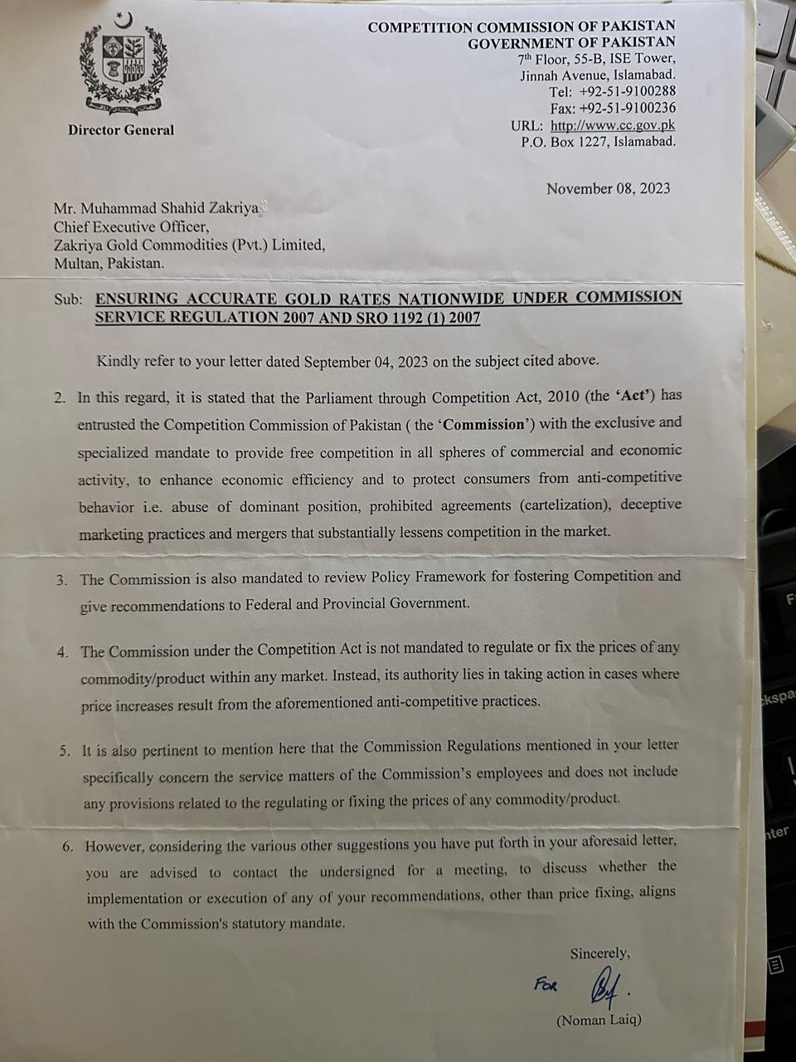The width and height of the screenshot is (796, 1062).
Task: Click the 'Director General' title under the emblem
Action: (121, 130)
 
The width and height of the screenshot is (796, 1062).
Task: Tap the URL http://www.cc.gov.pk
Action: (613, 125)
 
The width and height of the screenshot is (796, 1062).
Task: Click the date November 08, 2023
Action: (608, 189)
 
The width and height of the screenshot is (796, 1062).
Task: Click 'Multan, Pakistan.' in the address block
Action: (109, 264)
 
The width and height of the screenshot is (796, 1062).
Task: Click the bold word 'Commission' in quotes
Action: (483, 424)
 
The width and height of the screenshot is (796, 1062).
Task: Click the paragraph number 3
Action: (62, 580)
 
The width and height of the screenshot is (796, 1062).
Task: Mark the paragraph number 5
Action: (64, 750)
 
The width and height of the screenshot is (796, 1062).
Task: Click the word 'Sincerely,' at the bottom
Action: (599, 953)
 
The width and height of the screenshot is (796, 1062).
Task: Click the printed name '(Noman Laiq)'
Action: (599, 1020)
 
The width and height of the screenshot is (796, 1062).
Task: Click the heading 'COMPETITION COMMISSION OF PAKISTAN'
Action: (522, 27)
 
